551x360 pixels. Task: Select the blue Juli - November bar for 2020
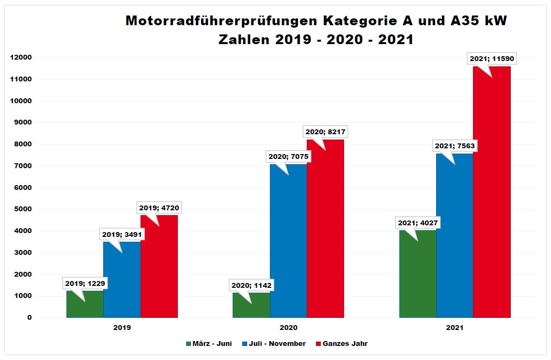pos(288,242)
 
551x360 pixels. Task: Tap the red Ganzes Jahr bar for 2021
pos(492,194)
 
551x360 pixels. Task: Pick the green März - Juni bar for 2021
pos(418,276)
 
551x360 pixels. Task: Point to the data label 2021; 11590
pos(492,59)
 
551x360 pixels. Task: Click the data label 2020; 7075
pos(288,157)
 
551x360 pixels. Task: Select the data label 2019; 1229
pos(85,283)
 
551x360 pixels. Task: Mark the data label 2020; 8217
pos(326,132)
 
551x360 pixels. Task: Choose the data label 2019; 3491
pos(122,235)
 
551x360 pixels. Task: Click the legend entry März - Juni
pos(209,344)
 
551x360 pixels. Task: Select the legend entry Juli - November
pos(277,344)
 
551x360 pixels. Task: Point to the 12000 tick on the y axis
pos(21,58)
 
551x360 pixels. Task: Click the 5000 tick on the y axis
pos(23,209)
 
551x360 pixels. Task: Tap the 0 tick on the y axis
pos(30,318)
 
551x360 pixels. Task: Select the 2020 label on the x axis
pos(288,328)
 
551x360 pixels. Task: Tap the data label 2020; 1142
pos(252,286)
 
